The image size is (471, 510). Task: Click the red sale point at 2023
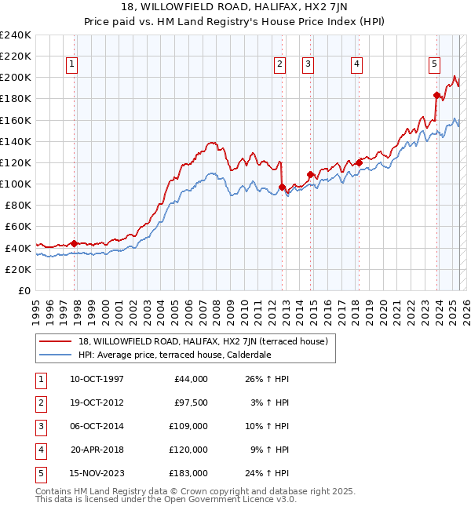pos(436,95)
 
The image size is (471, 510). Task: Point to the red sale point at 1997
pos(74,243)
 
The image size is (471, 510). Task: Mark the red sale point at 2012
pos(282,187)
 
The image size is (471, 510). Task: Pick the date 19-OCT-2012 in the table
pos(97,404)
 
